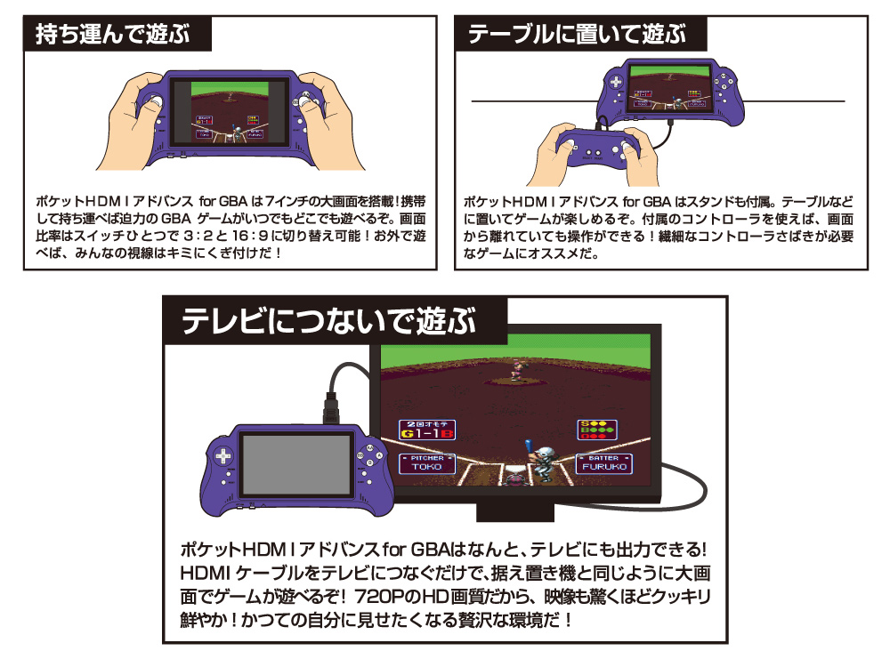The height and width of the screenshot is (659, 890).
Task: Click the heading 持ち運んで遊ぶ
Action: (112, 34)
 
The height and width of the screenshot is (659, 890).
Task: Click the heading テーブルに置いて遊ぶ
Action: (577, 34)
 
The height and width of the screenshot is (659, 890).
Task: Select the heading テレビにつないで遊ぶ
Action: (329, 322)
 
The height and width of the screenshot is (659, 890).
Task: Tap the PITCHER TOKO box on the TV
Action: (427, 463)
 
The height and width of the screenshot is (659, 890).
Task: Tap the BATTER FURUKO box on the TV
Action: (604, 463)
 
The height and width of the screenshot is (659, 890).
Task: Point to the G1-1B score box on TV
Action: (427, 430)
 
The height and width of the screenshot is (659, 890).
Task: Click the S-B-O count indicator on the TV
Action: (597, 430)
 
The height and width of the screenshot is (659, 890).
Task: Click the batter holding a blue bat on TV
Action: (540, 461)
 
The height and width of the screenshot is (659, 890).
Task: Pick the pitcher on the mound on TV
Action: (518, 370)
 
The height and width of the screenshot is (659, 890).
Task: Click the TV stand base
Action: (514, 511)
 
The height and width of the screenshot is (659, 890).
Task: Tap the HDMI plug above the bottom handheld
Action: (331, 406)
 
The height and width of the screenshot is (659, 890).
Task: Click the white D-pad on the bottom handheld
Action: (222, 456)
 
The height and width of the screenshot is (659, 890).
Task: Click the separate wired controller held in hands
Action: (598, 148)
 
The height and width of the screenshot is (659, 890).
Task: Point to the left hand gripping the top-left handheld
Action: (132, 120)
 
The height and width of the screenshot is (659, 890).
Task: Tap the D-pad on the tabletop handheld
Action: (616, 82)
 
